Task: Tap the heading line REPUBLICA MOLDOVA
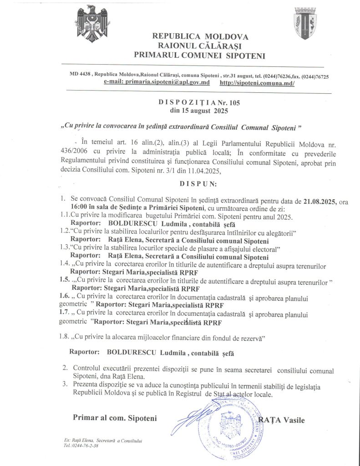(200, 36)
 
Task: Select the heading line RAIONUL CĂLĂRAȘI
(200, 46)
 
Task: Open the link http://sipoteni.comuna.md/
(257, 83)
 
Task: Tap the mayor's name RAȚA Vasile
(282, 420)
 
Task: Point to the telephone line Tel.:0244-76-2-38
(81, 446)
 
